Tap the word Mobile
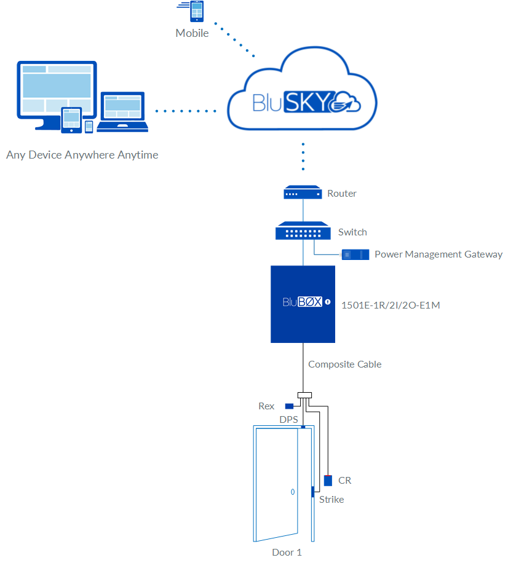point(192,33)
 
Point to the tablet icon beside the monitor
point(72,120)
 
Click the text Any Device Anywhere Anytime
point(82,155)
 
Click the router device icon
point(303,194)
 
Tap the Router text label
point(342,194)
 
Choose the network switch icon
point(303,232)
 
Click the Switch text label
point(352,232)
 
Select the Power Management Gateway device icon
point(355,254)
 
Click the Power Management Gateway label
point(439,254)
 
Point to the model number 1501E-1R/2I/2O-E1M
point(391,303)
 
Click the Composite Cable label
point(344,364)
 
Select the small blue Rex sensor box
point(288,406)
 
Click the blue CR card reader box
point(328,481)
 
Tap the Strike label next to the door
point(331,500)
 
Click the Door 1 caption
point(287,553)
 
